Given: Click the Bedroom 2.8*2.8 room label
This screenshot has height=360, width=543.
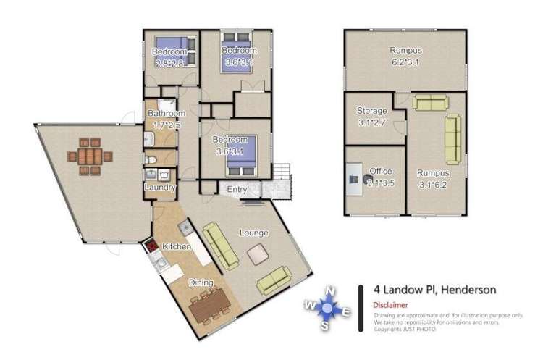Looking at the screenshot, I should [170, 57].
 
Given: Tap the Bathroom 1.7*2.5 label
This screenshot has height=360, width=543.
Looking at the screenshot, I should [167, 120].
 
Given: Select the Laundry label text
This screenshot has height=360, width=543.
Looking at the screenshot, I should [160, 188].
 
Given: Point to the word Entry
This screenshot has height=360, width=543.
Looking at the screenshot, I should [236, 190].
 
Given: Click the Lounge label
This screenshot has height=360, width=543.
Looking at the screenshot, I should [254, 233].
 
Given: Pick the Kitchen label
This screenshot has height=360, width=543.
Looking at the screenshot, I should [176, 246].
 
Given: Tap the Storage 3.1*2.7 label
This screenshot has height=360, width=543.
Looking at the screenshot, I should [372, 116].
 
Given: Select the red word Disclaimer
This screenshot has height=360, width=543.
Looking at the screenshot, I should [392, 305].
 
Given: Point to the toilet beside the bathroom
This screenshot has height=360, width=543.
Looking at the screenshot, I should [148, 160].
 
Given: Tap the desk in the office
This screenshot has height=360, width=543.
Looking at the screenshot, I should [353, 177].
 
